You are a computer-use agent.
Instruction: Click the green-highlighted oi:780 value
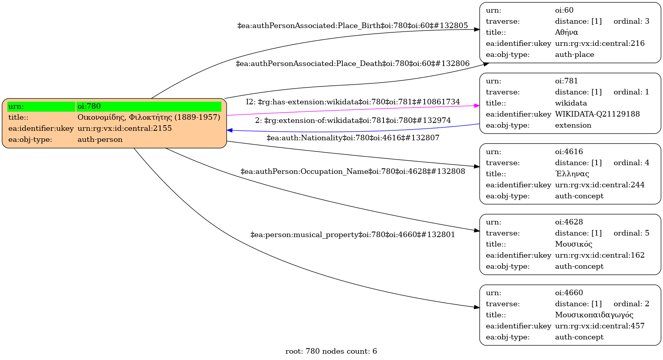click(149, 106)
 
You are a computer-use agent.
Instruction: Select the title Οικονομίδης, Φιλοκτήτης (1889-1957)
click(149, 117)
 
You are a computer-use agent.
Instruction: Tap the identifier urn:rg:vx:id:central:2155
click(125, 128)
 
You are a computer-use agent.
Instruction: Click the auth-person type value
click(100, 139)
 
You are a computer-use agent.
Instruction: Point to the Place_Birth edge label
click(352, 26)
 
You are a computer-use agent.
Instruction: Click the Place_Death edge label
click(352, 64)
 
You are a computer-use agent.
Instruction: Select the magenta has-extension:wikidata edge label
click(353, 102)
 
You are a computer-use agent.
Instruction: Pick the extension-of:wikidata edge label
click(353, 121)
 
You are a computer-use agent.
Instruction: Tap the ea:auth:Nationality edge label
click(353, 138)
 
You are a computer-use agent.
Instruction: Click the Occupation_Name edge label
click(353, 172)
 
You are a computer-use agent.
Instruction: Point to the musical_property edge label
click(353, 235)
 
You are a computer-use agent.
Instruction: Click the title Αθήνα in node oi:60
click(566, 32)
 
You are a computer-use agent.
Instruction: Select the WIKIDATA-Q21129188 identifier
click(597, 114)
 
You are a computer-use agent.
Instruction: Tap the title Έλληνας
click(572, 174)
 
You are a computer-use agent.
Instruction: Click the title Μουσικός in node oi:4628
click(573, 244)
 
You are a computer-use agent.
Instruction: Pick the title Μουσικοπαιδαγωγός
click(594, 315)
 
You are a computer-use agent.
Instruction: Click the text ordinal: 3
click(631, 21)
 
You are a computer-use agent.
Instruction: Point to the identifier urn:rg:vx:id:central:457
click(599, 326)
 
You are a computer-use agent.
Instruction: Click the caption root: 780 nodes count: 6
click(331, 351)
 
